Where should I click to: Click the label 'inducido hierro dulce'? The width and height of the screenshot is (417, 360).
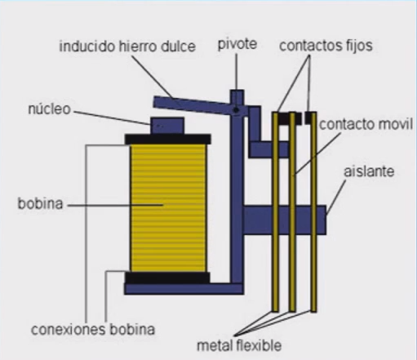coord(127,47)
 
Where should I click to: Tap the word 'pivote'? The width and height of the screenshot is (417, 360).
coord(237,44)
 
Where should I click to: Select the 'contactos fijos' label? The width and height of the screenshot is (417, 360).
coord(326,46)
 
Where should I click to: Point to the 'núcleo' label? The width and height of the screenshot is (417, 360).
coord(50,109)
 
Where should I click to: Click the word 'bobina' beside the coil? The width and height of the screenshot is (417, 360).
coord(40,203)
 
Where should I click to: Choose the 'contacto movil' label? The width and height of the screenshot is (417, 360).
coord(366,124)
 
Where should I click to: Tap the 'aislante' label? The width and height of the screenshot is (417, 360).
coord(369,171)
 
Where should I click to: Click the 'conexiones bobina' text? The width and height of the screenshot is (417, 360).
coord(93,329)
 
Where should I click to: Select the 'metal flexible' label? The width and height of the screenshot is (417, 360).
coord(239,345)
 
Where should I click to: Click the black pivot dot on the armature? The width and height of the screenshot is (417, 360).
coord(236,110)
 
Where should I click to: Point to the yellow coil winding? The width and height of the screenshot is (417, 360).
coord(168,208)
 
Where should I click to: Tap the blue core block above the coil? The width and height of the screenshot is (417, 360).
coord(167,126)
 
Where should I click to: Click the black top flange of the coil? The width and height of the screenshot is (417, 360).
coord(167,139)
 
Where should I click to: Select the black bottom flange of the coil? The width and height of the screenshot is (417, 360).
coord(167,278)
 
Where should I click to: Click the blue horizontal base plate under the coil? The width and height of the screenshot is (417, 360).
coord(184,289)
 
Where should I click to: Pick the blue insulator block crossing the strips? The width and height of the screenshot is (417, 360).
coord(285,220)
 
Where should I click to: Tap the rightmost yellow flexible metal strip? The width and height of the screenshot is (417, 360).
coord(313,212)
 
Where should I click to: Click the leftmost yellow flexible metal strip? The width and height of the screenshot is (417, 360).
coord(275,211)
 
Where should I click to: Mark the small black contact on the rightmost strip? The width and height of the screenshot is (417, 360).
coord(308,118)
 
